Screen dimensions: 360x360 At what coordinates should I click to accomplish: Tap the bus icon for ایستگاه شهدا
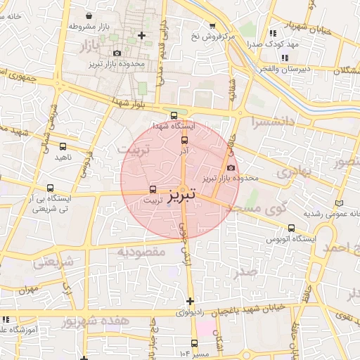[174, 116]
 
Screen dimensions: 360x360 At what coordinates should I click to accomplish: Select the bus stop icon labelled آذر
[184, 139]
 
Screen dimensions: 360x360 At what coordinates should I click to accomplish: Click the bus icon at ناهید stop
[63, 147]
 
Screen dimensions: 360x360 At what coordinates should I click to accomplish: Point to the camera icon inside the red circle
[231, 167]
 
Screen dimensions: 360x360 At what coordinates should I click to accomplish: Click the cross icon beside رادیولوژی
[189, 300]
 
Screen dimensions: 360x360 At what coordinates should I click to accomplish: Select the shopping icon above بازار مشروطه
[88, 15]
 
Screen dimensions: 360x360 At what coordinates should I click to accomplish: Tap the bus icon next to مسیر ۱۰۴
[193, 344]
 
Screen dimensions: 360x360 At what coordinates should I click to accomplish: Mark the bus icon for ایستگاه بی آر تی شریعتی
[49, 188]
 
